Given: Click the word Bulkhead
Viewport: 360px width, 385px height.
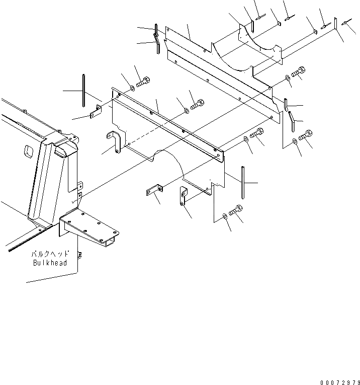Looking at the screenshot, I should click(50, 263).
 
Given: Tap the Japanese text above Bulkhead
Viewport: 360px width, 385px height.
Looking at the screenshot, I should click(51, 255).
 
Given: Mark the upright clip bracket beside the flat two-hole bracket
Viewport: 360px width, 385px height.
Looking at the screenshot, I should click(183, 196).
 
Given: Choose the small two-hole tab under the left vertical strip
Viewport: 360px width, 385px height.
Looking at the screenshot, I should click(96, 114).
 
